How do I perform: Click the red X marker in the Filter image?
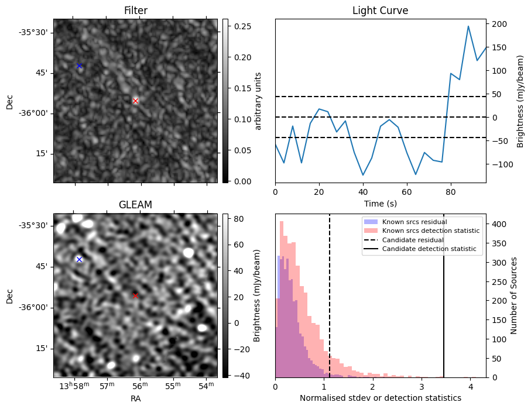[x=136, y=101]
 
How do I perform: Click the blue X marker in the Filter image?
[x=79, y=66]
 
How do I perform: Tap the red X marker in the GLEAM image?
[x=136, y=295]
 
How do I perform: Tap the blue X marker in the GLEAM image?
[x=79, y=259]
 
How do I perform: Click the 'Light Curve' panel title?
[x=380, y=11]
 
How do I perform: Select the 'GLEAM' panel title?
[x=135, y=205]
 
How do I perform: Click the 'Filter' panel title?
[x=135, y=11]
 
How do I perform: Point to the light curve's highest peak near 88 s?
[x=468, y=26]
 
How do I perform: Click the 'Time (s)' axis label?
[x=380, y=203]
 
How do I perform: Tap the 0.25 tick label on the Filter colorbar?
[x=242, y=26]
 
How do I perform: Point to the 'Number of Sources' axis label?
[x=513, y=295]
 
